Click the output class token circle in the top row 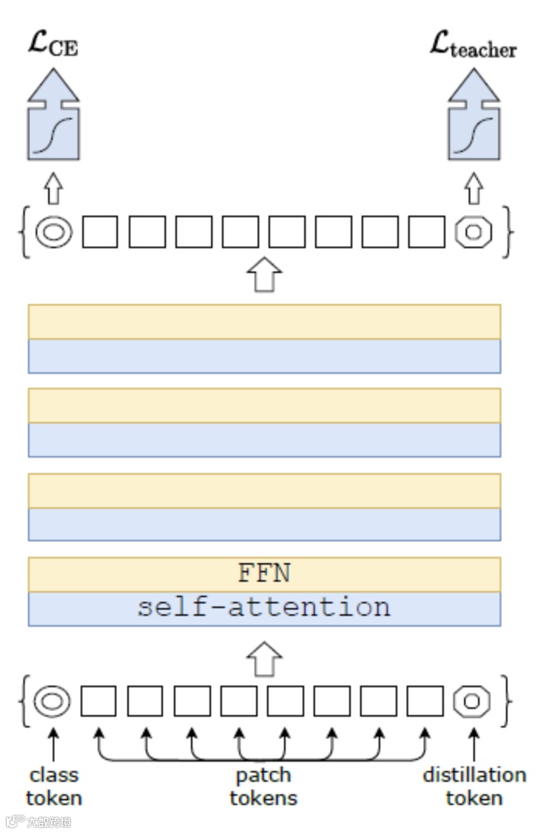(53, 231)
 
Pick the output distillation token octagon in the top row (473, 231)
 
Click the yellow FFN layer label (264, 573)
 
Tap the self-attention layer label (264, 607)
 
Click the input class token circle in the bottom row (53, 701)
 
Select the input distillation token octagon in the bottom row (473, 701)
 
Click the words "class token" (54, 786)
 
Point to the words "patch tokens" (263, 786)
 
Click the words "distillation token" (473, 786)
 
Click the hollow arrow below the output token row (264, 275)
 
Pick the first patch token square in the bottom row (99, 701)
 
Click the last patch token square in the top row (426, 231)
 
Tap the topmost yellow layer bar (264, 322)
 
